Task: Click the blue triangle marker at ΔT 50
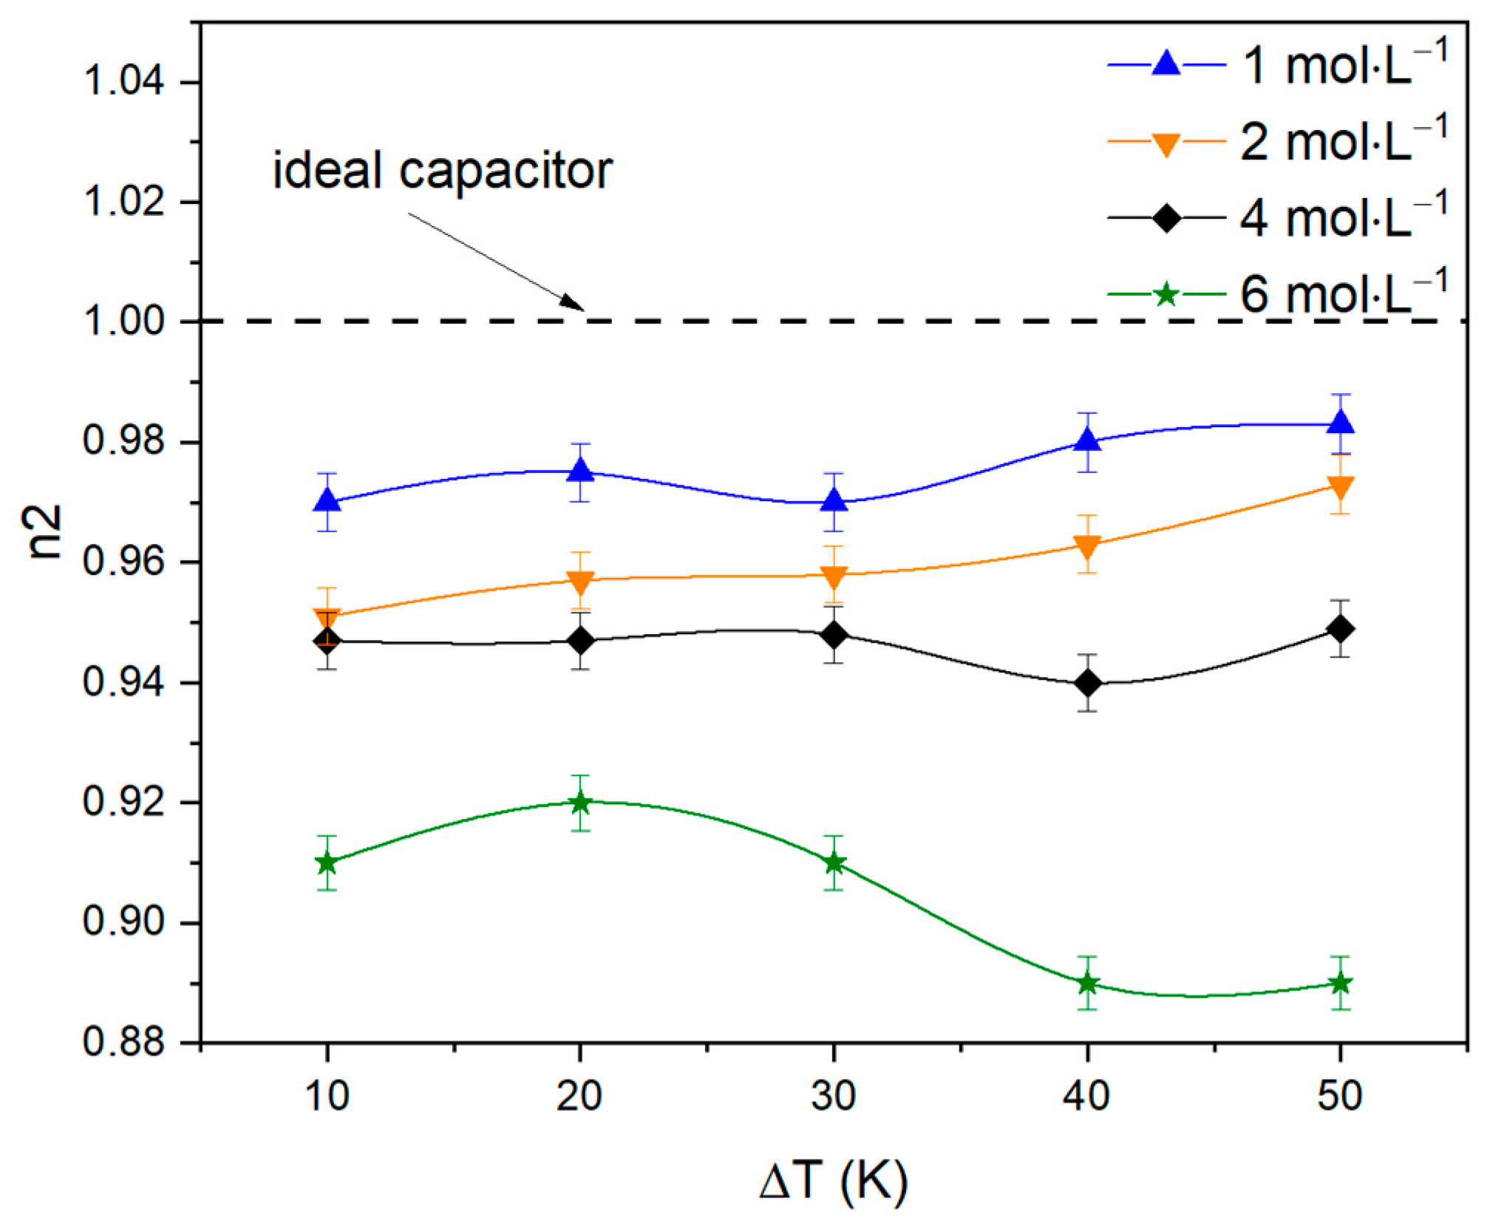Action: click(1340, 423)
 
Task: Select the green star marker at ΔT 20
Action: click(580, 803)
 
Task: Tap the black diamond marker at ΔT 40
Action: click(1087, 683)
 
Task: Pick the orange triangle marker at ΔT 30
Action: click(834, 576)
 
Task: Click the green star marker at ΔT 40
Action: click(1087, 984)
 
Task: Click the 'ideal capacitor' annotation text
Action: click(443, 171)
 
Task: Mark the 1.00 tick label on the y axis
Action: click(133, 322)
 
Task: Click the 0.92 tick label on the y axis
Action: click(133, 803)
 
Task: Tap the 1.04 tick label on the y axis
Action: click(133, 82)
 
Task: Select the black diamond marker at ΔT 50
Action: click(1340, 629)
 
